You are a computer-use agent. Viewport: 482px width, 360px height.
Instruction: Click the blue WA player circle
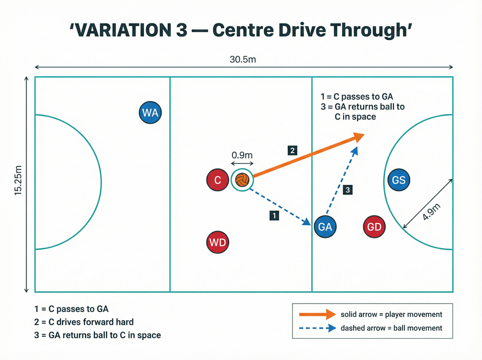150,112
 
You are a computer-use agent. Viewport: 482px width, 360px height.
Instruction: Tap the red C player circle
218,180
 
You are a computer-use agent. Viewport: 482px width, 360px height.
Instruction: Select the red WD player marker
218,242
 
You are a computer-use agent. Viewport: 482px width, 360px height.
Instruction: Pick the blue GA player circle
325,227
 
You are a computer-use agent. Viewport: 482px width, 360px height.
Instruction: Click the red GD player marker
374,227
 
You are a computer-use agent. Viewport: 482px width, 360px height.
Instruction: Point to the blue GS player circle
399,180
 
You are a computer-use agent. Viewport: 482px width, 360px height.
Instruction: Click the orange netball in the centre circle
242,180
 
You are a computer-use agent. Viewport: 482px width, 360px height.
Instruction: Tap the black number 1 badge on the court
274,215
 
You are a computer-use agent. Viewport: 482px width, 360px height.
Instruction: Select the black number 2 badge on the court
293,150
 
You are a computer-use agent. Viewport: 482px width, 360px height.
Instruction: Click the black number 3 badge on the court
348,190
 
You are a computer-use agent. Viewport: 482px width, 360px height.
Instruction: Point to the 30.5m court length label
243,59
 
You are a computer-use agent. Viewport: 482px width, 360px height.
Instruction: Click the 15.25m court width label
18,180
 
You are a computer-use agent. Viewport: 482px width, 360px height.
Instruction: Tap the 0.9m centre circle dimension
242,155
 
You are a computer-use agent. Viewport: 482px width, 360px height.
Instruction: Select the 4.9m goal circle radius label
431,212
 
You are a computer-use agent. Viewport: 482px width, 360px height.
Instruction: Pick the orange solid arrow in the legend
318,314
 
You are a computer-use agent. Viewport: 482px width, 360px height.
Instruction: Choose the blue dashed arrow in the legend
318,328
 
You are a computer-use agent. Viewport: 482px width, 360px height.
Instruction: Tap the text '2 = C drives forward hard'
84,322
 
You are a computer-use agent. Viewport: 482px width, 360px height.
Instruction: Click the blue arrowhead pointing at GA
307,222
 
